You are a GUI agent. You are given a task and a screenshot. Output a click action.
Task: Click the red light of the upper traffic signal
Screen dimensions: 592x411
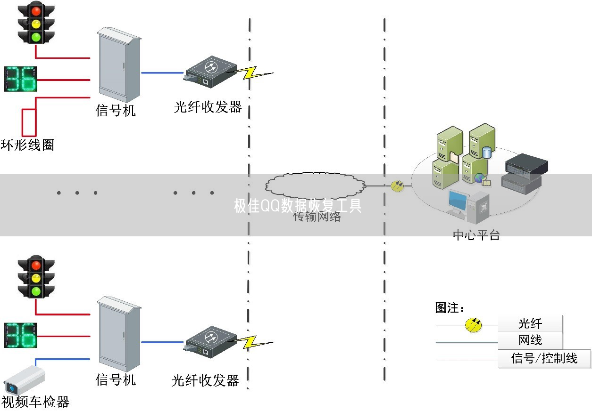tap(36, 11)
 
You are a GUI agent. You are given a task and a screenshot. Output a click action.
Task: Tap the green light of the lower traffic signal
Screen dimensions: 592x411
tap(36, 291)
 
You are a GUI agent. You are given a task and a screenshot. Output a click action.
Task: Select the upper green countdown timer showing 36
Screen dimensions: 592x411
tap(20, 79)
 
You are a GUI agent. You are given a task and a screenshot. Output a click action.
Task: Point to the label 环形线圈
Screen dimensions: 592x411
tap(27, 145)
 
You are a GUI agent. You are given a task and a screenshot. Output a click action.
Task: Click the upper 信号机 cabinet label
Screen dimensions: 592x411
tap(116, 111)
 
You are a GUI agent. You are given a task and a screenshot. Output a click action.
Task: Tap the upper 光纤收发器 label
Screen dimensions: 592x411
tap(208, 107)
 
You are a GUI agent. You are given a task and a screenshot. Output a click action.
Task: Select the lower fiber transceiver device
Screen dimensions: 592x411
tap(210, 342)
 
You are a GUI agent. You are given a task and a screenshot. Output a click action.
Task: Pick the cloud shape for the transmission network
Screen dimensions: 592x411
tap(316, 185)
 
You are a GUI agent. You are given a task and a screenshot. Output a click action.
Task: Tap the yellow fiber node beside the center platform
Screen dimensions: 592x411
tap(398, 186)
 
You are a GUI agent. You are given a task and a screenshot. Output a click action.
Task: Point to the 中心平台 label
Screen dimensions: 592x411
tap(476, 235)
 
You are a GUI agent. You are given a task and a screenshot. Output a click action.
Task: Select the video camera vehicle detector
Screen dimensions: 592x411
tap(25, 380)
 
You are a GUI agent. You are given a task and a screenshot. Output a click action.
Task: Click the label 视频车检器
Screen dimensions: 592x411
tap(35, 402)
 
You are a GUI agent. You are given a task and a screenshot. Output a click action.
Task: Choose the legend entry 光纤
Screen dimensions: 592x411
tap(530, 323)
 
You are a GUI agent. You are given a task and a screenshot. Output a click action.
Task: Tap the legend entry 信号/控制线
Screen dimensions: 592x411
tap(544, 358)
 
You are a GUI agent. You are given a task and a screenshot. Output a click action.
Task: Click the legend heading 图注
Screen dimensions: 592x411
tap(450, 307)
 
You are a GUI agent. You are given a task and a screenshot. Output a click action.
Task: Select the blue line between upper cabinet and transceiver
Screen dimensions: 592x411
tap(162, 73)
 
